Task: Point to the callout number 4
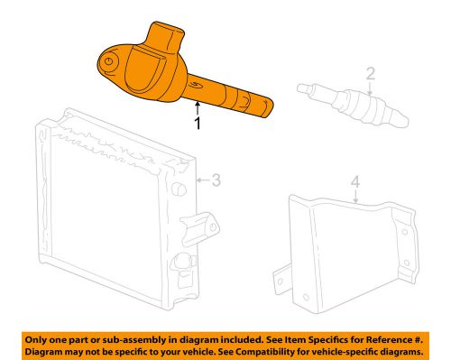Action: (355, 185)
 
